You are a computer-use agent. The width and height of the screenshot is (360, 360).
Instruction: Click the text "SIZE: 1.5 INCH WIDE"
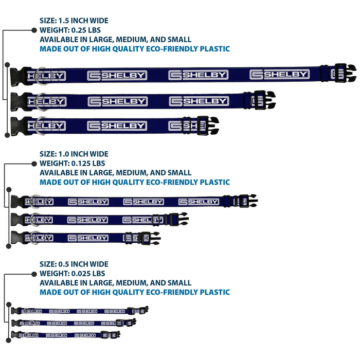pos(74,21)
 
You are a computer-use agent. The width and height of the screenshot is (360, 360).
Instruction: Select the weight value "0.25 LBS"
pos(86,30)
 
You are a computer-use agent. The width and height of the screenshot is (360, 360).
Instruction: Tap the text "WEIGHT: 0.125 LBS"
pos(73,163)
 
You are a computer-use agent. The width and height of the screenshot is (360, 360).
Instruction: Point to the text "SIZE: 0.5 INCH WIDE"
pos(74,264)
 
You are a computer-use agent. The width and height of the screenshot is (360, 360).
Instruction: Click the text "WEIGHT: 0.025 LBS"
pos(73,274)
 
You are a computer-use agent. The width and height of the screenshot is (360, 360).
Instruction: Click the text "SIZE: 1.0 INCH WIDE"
pos(74,154)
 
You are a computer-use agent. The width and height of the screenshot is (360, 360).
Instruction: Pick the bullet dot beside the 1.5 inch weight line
pos(34,30)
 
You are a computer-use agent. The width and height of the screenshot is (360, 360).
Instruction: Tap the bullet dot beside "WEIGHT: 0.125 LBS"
pos(34,164)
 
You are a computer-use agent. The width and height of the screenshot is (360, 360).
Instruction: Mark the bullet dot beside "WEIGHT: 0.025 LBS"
pos(34,274)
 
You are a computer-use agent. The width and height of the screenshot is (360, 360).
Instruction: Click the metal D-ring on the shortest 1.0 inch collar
pos(34,238)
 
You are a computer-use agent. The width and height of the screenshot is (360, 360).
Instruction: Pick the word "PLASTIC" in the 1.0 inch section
pos(214,182)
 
